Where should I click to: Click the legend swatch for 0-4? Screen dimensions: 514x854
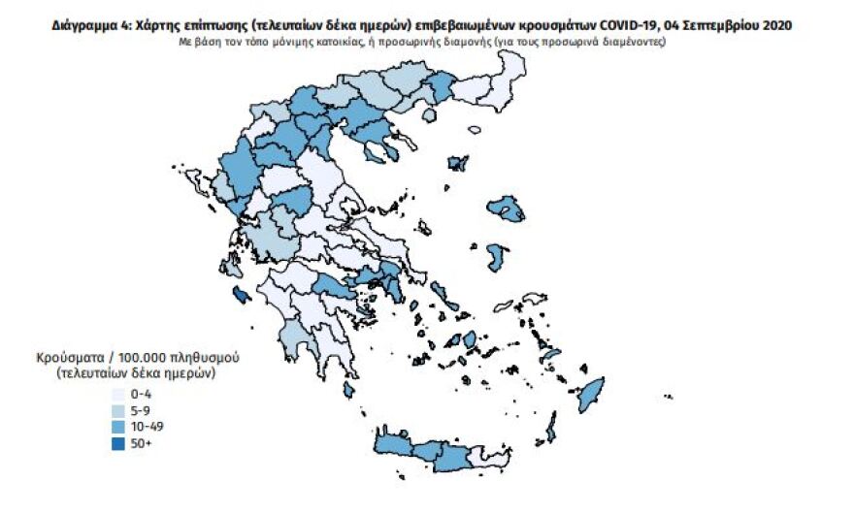[117, 395]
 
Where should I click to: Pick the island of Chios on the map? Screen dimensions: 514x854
[497, 258]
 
